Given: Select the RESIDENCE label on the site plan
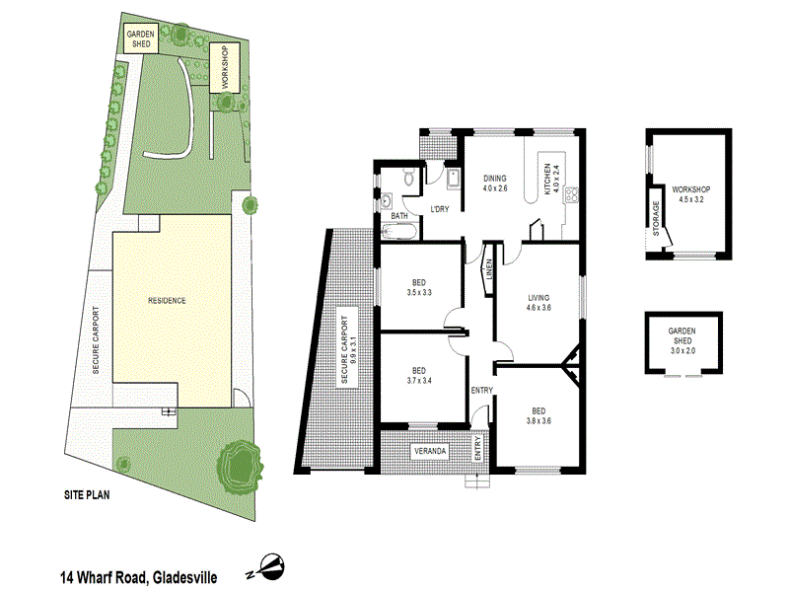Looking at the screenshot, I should coord(167,300).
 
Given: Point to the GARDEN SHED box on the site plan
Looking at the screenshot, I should coord(140,39).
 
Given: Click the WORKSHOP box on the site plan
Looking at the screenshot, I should coord(225,68).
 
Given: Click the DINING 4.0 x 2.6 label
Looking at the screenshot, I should coord(495,183).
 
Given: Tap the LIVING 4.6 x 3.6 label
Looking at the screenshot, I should coord(538,302).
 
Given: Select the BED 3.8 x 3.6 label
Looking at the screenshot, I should coord(538,416).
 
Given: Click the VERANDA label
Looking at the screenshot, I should coord(430,451).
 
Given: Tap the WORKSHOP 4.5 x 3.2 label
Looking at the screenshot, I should coord(691,193).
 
